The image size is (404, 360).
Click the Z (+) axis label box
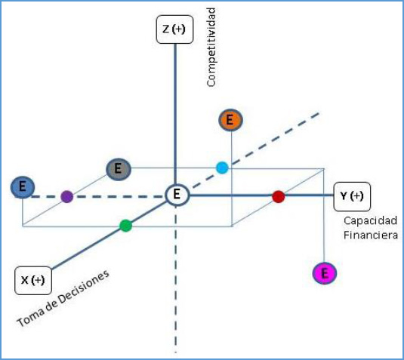pyautogui.click(x=174, y=29)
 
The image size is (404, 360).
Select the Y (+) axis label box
pyautogui.click(x=352, y=196)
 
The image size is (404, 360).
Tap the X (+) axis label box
pyautogui.click(x=33, y=281)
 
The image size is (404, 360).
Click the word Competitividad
pyautogui.click(x=211, y=47)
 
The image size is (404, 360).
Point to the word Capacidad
pyautogui.click(x=370, y=220)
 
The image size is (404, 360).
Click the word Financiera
pyautogui.click(x=371, y=235)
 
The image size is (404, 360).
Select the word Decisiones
pyautogui.click(x=82, y=290)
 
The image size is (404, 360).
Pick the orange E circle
pyautogui.click(x=230, y=120)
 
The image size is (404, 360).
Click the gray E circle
pyautogui.click(x=119, y=169)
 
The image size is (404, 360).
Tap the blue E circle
pyautogui.click(x=23, y=187)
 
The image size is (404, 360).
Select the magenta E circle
pyautogui.click(x=325, y=273)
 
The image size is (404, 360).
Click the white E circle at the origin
pyautogui.click(x=177, y=195)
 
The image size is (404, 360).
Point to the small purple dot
pyautogui.click(x=67, y=197)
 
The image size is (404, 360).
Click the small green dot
pyautogui.click(x=126, y=226)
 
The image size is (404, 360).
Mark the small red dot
pyautogui.click(x=279, y=197)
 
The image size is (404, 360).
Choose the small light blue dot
pyautogui.click(x=222, y=168)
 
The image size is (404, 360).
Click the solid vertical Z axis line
pyautogui.click(x=175, y=113)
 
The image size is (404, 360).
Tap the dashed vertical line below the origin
pyautogui.click(x=176, y=279)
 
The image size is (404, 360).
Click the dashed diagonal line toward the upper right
pyautogui.click(x=255, y=150)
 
